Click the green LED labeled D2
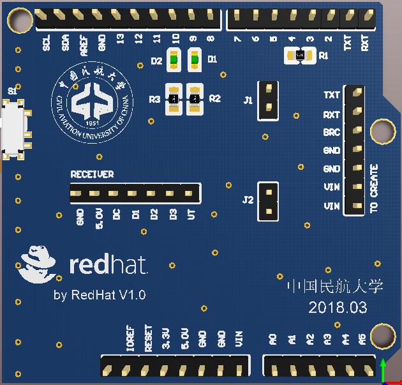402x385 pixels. (174, 61)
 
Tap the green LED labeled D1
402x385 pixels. (194, 61)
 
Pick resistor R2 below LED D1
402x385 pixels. (194, 99)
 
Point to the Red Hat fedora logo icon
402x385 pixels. (40, 264)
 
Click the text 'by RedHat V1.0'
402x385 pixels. (100, 295)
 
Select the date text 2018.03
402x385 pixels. (338, 307)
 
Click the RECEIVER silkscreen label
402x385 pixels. (92, 174)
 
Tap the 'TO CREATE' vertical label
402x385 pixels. (374, 189)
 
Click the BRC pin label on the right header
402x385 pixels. (331, 132)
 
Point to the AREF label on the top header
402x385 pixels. (83, 44)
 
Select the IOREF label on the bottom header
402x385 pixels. (131, 337)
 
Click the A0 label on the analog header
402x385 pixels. (272, 339)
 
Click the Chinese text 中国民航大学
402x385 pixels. (335, 286)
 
